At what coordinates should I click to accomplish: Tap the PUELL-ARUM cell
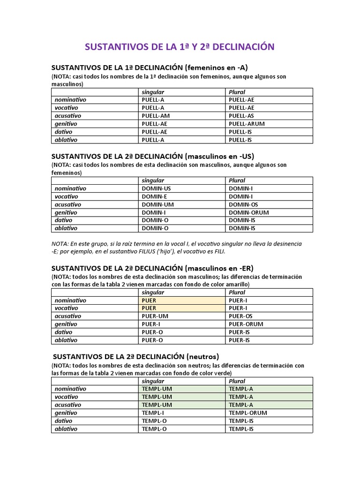click(x=247, y=124)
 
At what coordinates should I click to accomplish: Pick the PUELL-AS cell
click(x=241, y=116)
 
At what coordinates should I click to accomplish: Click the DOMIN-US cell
click(x=155, y=188)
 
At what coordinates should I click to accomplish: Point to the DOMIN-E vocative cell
click(x=153, y=196)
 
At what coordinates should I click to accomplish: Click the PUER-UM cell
click(x=153, y=316)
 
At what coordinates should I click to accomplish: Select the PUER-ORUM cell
click(x=246, y=324)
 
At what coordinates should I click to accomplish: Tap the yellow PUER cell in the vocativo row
click(x=149, y=308)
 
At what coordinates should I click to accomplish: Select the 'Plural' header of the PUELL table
click(x=237, y=92)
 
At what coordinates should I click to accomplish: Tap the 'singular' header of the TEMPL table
click(x=153, y=381)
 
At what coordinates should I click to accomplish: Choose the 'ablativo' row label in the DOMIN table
click(x=66, y=228)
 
